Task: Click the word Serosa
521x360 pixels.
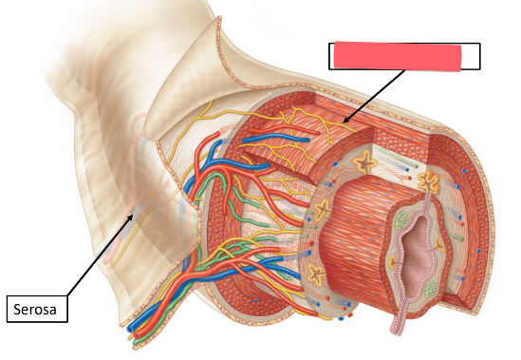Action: (37, 309)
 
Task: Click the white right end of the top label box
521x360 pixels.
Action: (471, 56)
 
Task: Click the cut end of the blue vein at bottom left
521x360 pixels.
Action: (132, 332)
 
